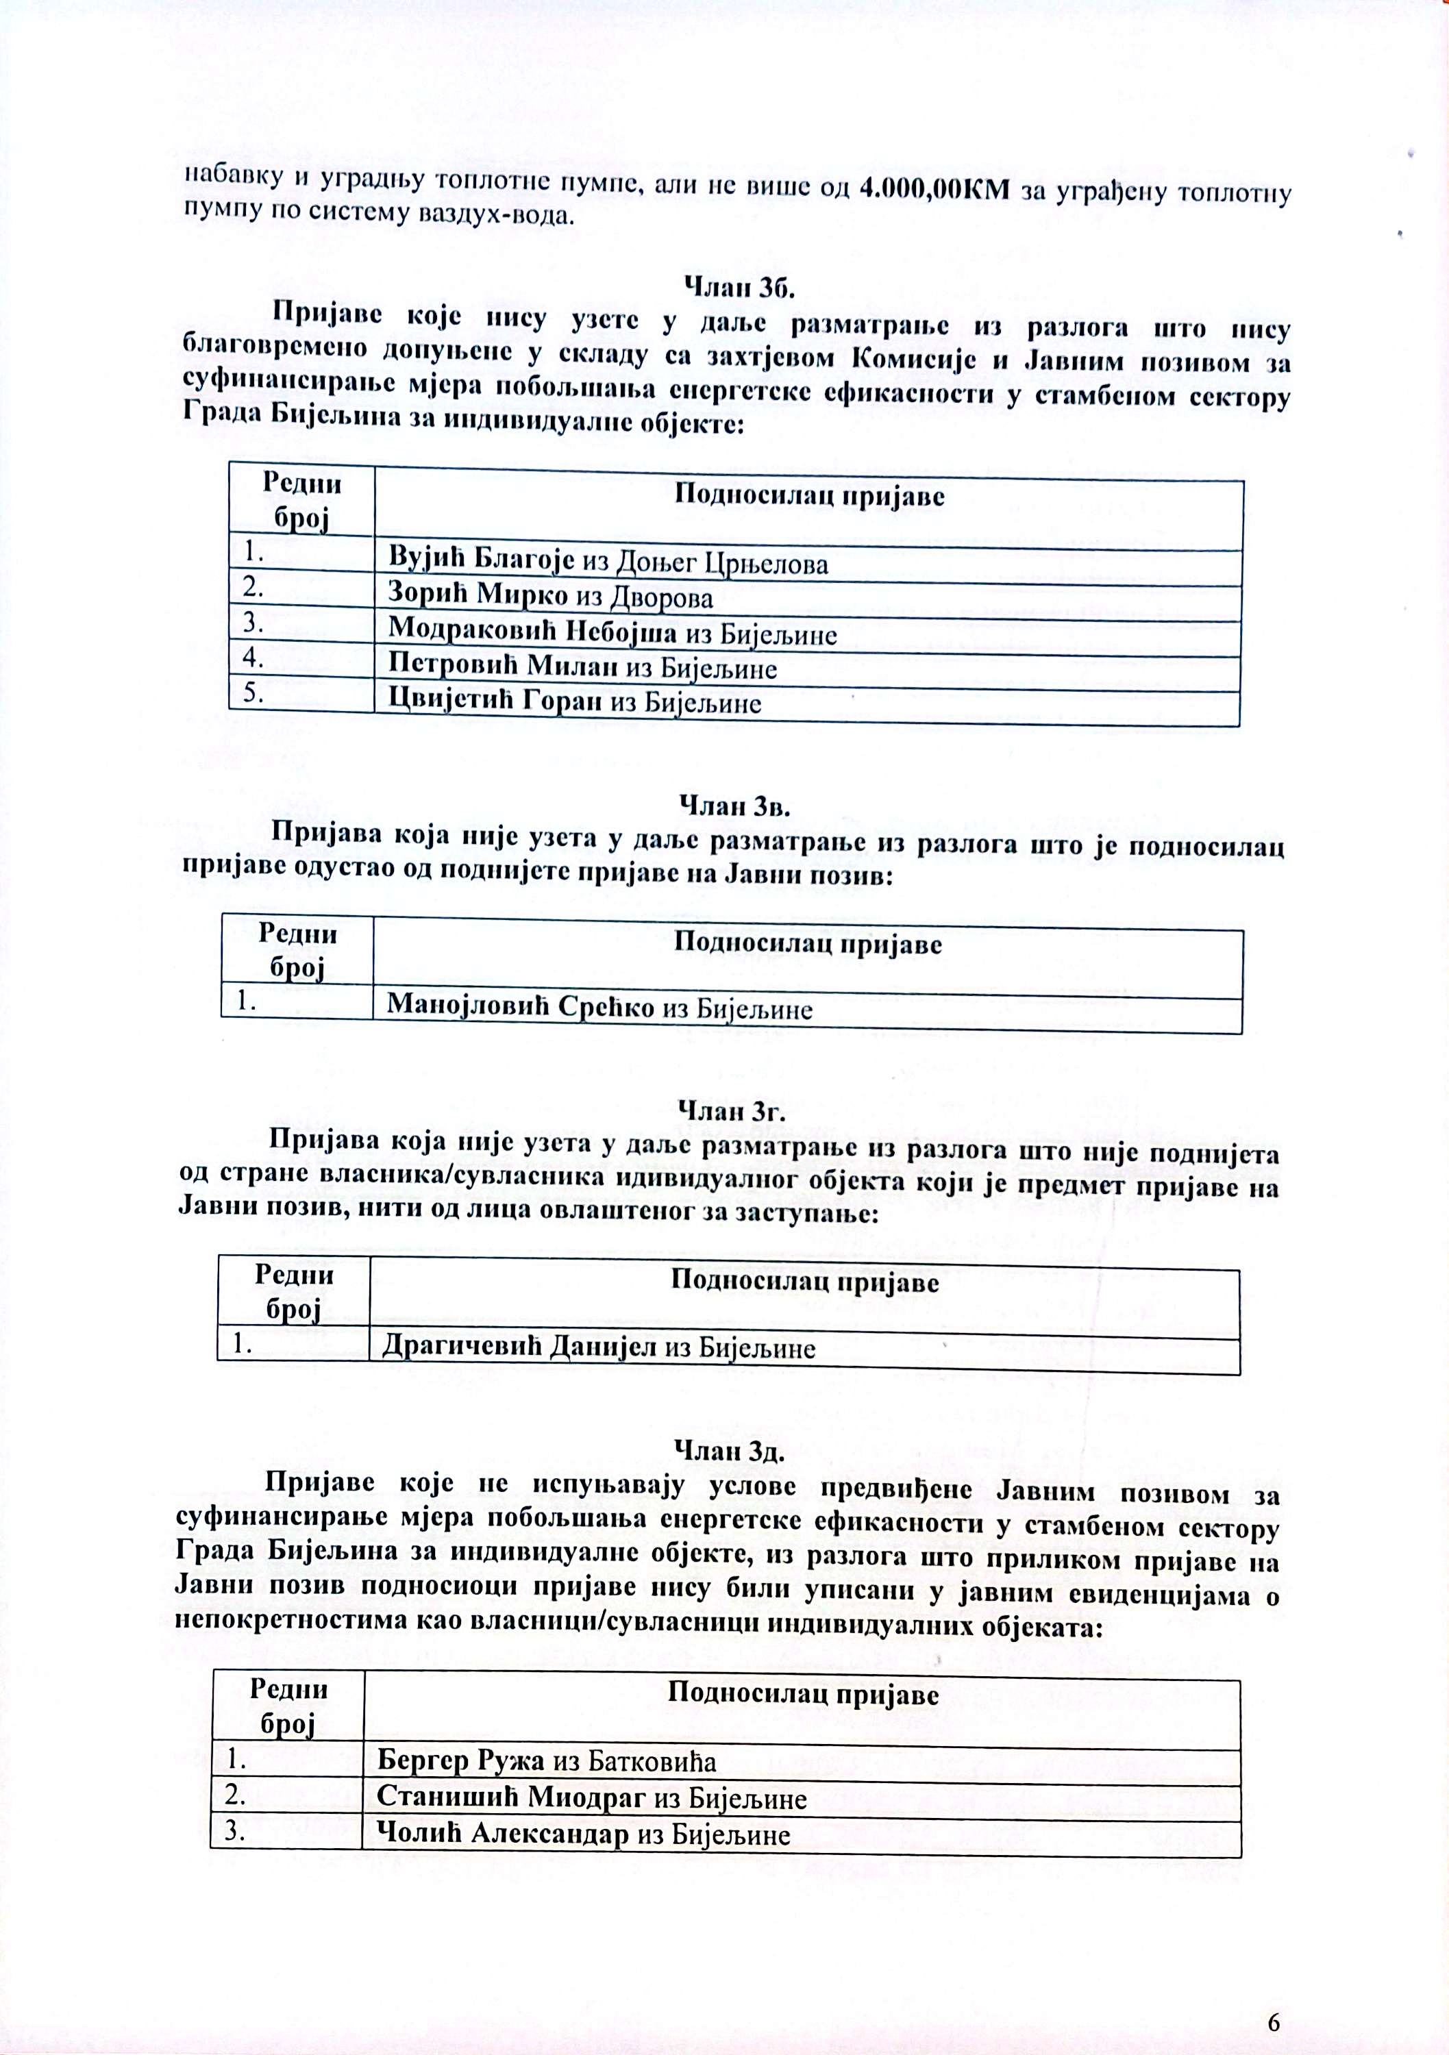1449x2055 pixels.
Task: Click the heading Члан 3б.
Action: click(x=739, y=287)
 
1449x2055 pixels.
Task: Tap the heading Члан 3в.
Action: click(x=736, y=806)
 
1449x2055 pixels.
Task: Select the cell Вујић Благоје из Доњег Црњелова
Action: click(x=608, y=562)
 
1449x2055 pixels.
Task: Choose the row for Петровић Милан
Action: click(x=582, y=667)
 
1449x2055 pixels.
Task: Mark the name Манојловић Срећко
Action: click(x=523, y=1008)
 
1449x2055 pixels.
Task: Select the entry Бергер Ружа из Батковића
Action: click(x=546, y=1760)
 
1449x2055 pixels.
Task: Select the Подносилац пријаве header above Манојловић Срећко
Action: click(x=807, y=944)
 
